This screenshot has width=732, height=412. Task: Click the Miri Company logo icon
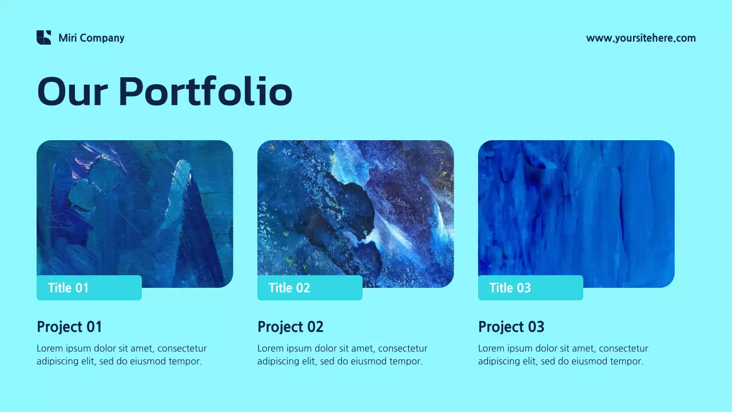(x=43, y=38)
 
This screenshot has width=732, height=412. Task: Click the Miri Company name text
(x=91, y=38)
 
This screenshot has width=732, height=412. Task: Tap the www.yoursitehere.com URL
(x=640, y=38)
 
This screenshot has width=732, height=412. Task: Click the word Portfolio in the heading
(x=205, y=92)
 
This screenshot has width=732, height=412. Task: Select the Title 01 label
(x=69, y=288)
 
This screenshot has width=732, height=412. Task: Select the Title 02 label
(x=289, y=288)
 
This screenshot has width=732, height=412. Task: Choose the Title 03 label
(x=510, y=288)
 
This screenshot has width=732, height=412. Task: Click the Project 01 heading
(x=69, y=327)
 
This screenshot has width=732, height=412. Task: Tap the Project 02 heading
(x=291, y=327)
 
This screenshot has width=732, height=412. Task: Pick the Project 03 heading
(x=511, y=327)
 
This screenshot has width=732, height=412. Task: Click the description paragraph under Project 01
(x=121, y=355)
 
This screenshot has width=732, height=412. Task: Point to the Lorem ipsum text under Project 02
(x=342, y=355)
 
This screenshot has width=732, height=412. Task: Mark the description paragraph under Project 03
(x=563, y=355)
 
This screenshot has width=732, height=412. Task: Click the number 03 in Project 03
(x=536, y=327)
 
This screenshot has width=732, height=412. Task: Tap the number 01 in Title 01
(x=82, y=288)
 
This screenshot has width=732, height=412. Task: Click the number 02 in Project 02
(x=315, y=327)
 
